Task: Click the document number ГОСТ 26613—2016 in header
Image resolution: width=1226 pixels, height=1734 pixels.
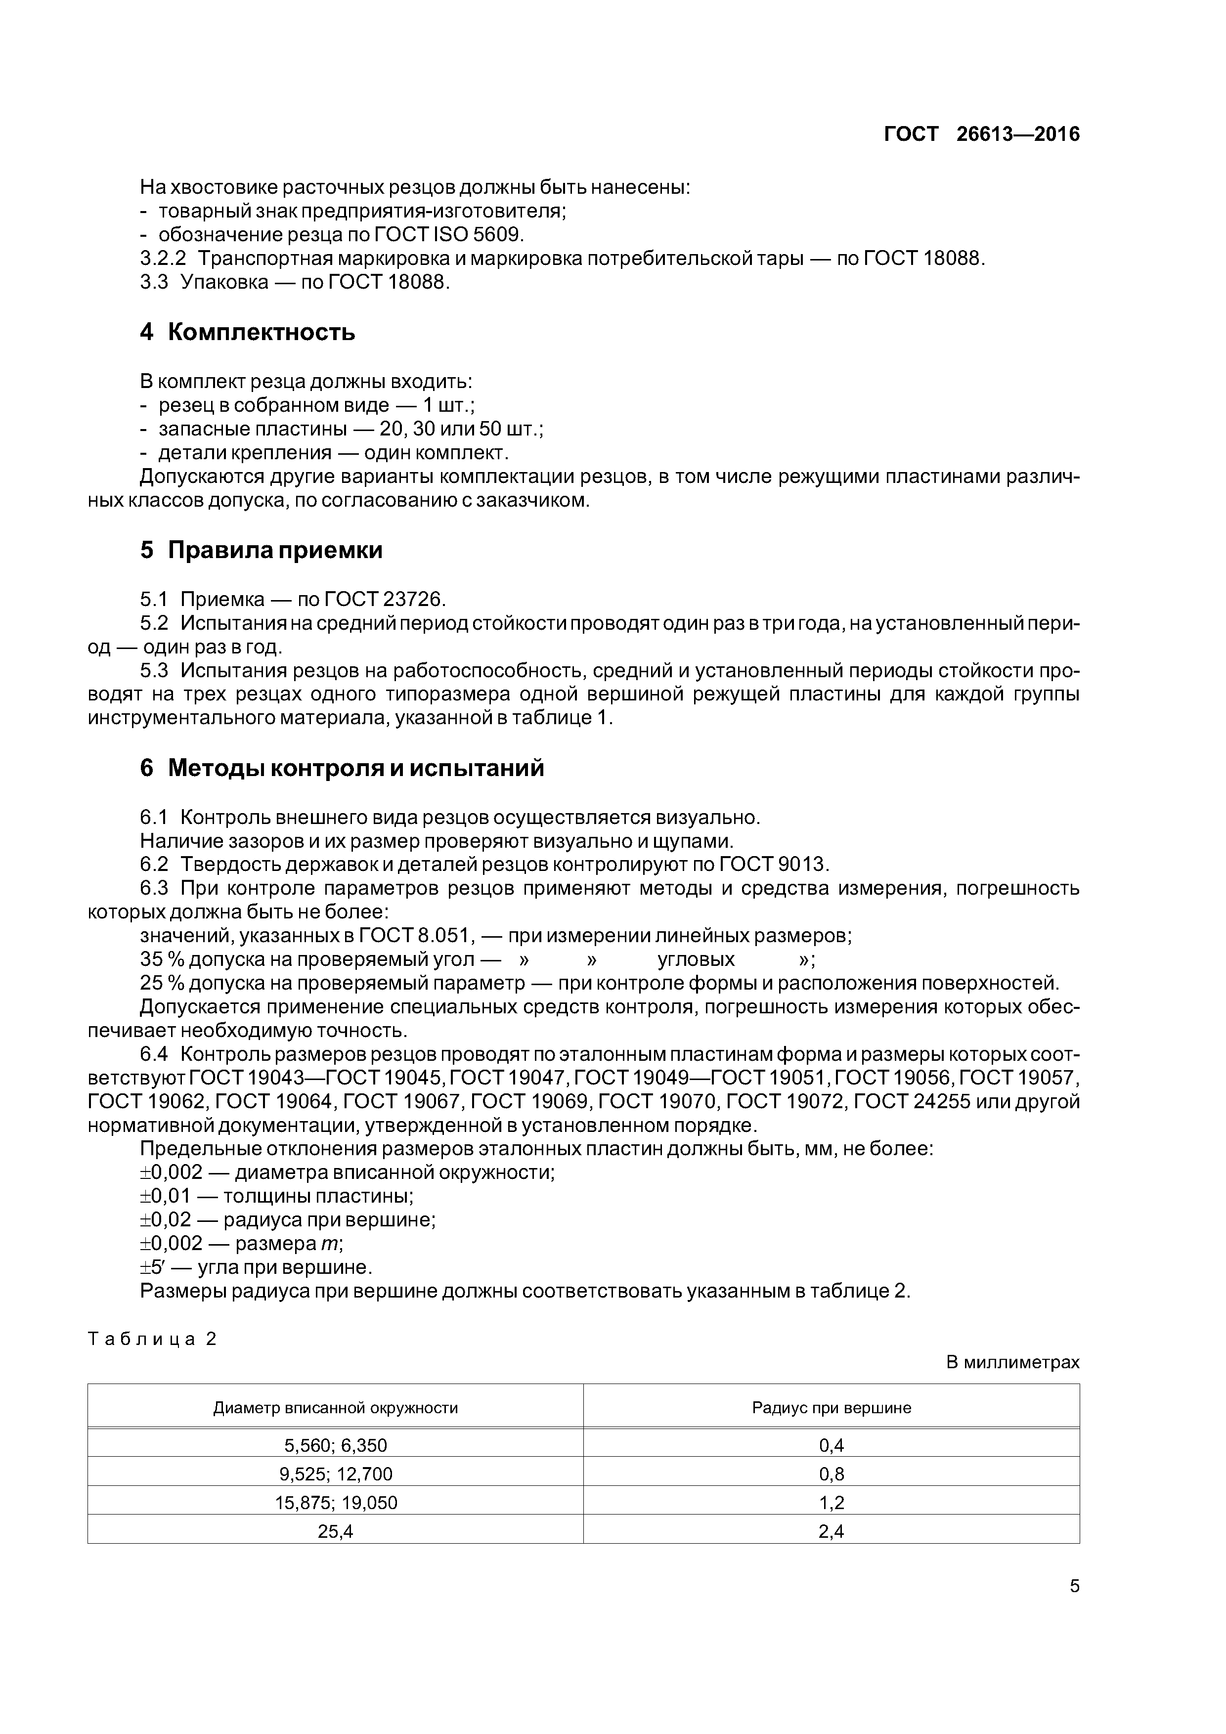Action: point(981,134)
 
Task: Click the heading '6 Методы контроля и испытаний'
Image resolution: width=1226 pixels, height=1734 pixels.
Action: point(342,768)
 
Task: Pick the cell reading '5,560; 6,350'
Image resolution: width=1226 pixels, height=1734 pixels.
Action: point(335,1445)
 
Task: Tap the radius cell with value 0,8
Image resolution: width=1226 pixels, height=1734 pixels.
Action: point(831,1474)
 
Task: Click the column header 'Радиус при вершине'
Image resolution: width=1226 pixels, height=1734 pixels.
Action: point(831,1408)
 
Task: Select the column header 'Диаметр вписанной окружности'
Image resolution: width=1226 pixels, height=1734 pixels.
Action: point(335,1408)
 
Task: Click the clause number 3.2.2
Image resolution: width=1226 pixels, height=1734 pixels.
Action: point(163,259)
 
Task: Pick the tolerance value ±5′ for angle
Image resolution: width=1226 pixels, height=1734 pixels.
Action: point(156,1266)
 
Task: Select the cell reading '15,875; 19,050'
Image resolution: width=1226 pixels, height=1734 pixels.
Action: point(335,1503)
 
